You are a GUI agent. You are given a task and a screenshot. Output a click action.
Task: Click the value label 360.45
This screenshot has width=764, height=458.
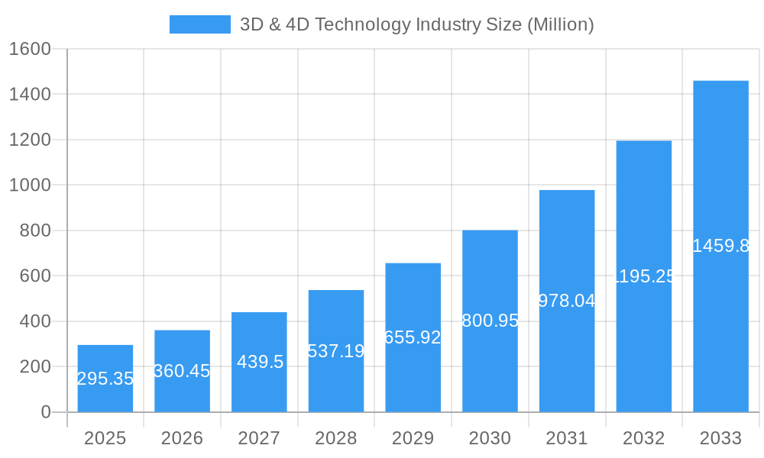tap(182, 371)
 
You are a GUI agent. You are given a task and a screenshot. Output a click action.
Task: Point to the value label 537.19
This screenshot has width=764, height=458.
tap(336, 351)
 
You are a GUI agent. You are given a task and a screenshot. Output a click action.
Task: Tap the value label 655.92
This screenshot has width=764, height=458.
tap(413, 337)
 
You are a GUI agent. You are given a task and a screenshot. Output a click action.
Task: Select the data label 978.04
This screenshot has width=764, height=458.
tap(567, 301)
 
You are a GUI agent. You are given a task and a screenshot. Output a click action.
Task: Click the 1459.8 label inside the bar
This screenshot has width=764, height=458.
tap(720, 246)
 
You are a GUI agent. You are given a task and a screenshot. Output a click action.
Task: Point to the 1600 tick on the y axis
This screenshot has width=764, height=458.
tap(30, 49)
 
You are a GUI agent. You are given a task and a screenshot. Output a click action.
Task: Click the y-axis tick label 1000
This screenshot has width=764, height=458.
tap(30, 185)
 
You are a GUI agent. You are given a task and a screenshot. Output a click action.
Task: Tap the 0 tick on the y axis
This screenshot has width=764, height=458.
tap(45, 412)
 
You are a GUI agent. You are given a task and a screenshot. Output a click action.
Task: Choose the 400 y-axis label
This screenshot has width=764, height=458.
tap(34, 321)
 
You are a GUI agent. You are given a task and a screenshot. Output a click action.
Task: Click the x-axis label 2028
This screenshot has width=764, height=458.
tap(336, 438)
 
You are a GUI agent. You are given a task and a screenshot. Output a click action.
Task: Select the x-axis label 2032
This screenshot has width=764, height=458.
tap(643, 438)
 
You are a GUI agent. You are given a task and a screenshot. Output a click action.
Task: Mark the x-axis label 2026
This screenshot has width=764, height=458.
tap(182, 438)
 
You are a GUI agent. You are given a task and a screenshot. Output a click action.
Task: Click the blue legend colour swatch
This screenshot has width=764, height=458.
tap(199, 24)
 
